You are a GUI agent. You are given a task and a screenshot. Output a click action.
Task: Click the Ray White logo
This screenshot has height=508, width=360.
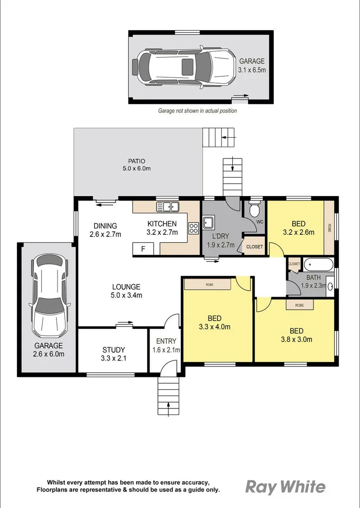click(x=286, y=487)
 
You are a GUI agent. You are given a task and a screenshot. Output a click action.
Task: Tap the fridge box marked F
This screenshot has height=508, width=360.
click(x=143, y=249)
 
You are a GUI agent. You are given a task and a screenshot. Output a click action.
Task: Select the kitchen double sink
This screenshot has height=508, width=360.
click(x=167, y=206)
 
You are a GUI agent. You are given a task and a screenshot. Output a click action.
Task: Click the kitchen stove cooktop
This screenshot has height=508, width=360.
click(x=193, y=228)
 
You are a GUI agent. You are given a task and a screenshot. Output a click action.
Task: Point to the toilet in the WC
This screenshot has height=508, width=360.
click(x=255, y=210)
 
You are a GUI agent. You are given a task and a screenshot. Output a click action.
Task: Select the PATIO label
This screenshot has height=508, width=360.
click(x=136, y=161)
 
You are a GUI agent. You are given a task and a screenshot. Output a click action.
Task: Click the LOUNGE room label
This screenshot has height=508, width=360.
click(x=126, y=287)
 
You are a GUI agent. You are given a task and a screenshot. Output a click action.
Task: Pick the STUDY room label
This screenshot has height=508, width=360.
click(x=113, y=350)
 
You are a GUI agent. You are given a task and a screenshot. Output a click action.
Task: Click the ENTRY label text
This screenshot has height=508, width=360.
click(x=166, y=341)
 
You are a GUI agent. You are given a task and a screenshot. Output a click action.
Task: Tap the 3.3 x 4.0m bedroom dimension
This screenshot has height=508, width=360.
click(x=215, y=326)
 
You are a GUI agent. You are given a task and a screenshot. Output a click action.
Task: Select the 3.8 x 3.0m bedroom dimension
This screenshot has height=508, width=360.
click(x=296, y=339)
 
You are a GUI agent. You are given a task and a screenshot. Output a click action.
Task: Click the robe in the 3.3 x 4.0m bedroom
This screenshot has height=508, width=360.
click(x=207, y=285)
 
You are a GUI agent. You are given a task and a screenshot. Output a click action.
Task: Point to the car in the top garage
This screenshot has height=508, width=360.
click(x=183, y=66)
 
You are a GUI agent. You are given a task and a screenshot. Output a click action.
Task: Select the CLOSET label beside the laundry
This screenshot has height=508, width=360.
click(x=255, y=247)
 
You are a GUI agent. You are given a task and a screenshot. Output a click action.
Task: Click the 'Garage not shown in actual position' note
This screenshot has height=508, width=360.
click(x=197, y=111)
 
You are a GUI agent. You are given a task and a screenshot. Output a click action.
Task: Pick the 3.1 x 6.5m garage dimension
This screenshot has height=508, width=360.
click(x=252, y=70)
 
